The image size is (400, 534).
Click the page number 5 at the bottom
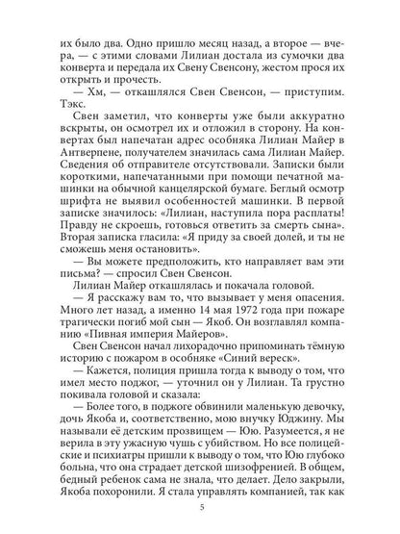200,508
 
